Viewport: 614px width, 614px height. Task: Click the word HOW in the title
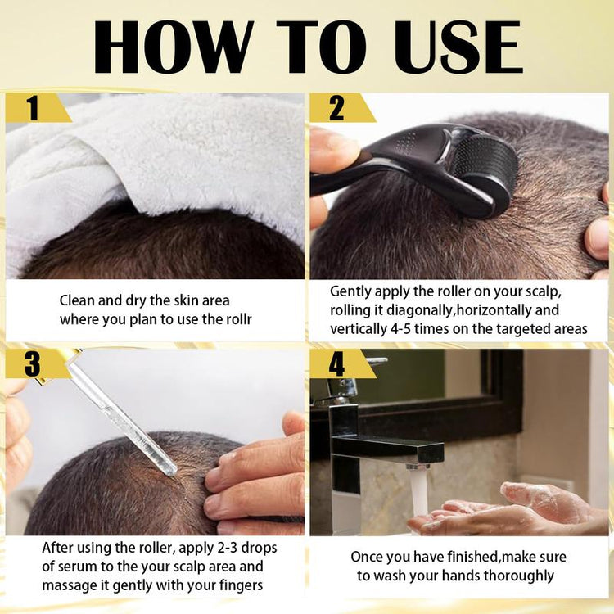(172, 47)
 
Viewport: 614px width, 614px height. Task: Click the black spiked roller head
(491, 172)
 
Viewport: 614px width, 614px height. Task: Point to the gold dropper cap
(65, 360)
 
